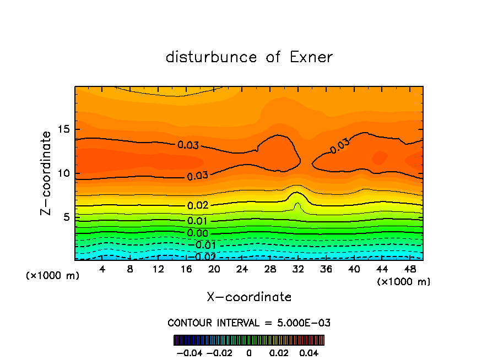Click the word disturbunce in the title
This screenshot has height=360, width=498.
click(x=212, y=57)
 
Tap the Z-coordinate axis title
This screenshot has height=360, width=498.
click(x=46, y=173)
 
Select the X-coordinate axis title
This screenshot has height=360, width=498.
click(x=249, y=297)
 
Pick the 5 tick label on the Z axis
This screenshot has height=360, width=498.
click(x=64, y=217)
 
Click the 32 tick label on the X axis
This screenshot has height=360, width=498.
click(x=298, y=270)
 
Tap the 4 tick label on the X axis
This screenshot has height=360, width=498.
click(x=102, y=270)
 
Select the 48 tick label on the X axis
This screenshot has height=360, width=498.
click(x=410, y=270)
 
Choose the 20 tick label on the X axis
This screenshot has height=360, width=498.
click(x=214, y=270)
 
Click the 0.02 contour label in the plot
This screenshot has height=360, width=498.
click(x=197, y=205)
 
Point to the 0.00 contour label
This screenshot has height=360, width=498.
click(x=197, y=233)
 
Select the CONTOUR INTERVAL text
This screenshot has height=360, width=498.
click(x=249, y=323)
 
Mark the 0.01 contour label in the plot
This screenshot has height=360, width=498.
click(x=197, y=221)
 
